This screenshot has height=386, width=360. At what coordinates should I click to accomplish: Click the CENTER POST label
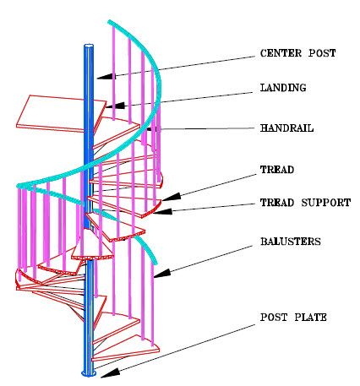tap(298, 54)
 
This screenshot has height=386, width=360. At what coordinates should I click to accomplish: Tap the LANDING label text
tap(284, 87)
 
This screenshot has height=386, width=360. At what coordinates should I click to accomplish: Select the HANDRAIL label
tap(287, 128)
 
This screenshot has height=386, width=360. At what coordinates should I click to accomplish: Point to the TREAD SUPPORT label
tap(305, 203)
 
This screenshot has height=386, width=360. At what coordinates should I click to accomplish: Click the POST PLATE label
tap(292, 317)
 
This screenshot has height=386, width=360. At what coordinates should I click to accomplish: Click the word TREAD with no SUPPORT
tap(276, 170)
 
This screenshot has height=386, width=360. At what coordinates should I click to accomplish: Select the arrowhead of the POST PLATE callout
tap(96, 371)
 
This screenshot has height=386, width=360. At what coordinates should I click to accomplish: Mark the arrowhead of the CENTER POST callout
tap(100, 77)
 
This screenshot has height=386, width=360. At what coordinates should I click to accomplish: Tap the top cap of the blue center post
tap(89, 45)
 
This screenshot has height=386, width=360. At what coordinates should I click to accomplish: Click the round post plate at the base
tap(88, 372)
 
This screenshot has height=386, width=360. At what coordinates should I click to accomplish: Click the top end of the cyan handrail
tap(111, 20)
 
